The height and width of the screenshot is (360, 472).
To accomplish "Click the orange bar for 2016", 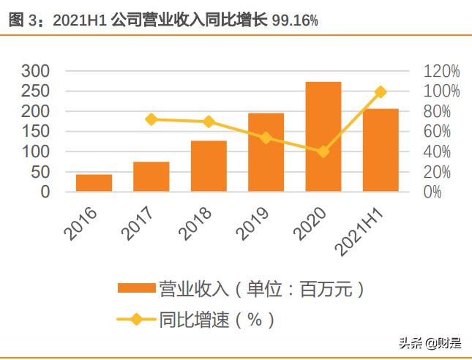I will click(94, 183).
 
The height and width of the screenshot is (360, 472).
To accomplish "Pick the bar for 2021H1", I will click(381, 150).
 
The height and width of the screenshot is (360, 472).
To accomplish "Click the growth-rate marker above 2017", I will click(151, 119).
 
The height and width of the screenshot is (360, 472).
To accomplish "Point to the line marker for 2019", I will click(266, 138).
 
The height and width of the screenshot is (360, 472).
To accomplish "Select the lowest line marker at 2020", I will click(323, 151).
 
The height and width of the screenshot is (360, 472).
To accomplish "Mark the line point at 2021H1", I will click(381, 91).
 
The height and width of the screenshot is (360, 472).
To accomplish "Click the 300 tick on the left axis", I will click(34, 71).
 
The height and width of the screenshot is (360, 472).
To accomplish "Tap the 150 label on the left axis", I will click(34, 132).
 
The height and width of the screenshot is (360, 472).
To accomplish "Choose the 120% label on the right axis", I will click(441, 71).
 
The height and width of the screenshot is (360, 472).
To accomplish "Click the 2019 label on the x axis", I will click(252, 222).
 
